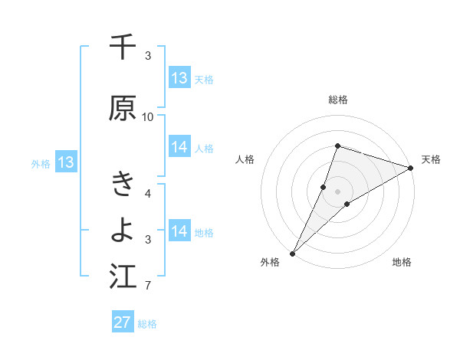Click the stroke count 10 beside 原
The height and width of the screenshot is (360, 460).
148,117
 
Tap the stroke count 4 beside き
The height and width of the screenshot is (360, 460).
148,194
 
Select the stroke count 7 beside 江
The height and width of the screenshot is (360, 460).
148,286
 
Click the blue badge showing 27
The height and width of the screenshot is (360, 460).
123,322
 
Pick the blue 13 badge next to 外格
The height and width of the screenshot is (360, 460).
65,162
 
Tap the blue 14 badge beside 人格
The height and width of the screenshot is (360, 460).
179,147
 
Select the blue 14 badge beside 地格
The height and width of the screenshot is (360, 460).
179,231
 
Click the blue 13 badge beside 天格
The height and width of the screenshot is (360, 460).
179,78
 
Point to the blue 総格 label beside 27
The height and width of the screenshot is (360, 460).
147,324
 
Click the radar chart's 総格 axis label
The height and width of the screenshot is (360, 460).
338,100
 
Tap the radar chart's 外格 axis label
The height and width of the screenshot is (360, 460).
271,262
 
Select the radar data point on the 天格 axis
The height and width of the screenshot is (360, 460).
410,169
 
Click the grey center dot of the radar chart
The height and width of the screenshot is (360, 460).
338,191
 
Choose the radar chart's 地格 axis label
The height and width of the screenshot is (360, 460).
402,262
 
